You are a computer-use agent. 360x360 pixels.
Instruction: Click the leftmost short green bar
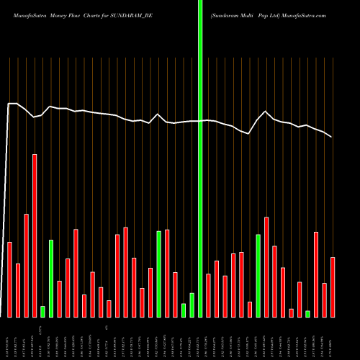point(42,311)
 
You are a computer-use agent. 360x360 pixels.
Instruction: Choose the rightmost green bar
point(307,313)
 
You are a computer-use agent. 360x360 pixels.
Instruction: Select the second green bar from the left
point(51,278)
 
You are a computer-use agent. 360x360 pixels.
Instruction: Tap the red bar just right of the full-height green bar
point(208,295)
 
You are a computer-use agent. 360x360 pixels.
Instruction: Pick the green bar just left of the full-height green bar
point(192,305)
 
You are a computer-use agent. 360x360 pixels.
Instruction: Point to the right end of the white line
point(332,137)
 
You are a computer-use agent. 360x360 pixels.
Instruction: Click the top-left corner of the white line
point(9,104)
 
